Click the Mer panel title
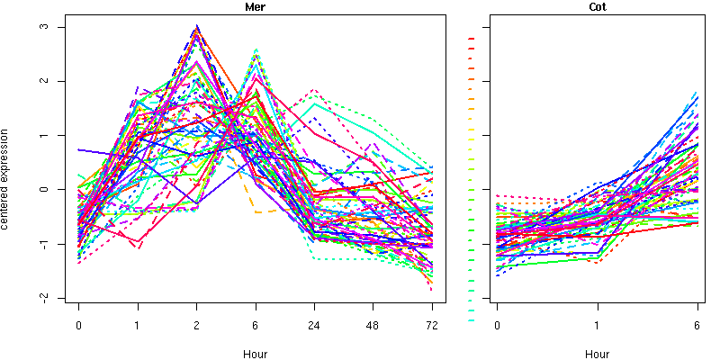pos(256,7)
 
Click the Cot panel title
pos(597,7)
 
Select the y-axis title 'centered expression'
pos(7,179)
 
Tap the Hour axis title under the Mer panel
pos(255,354)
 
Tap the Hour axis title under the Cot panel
pos(597,354)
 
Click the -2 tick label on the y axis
pos(53,298)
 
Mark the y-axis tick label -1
pos(53,244)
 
